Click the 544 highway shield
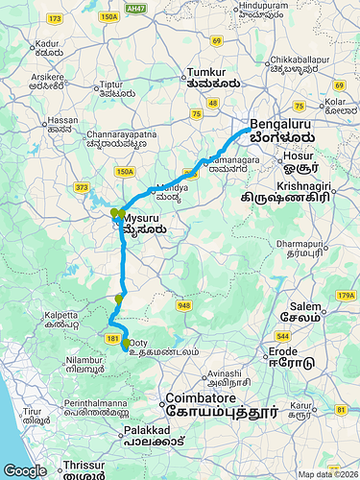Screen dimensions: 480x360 click(282, 337)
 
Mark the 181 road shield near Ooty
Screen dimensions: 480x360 click(112, 339)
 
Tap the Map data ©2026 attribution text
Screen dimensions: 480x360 click(326, 474)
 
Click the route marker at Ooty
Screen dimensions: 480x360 click(126, 343)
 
